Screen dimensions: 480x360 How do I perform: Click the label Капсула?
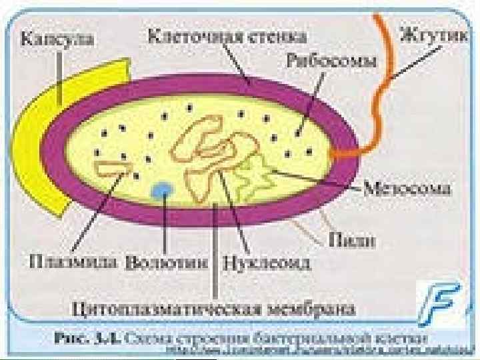[x=58, y=39]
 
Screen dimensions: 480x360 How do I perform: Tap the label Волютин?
[x=167, y=261]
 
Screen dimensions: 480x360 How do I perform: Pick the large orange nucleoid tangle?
[x=213, y=150]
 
